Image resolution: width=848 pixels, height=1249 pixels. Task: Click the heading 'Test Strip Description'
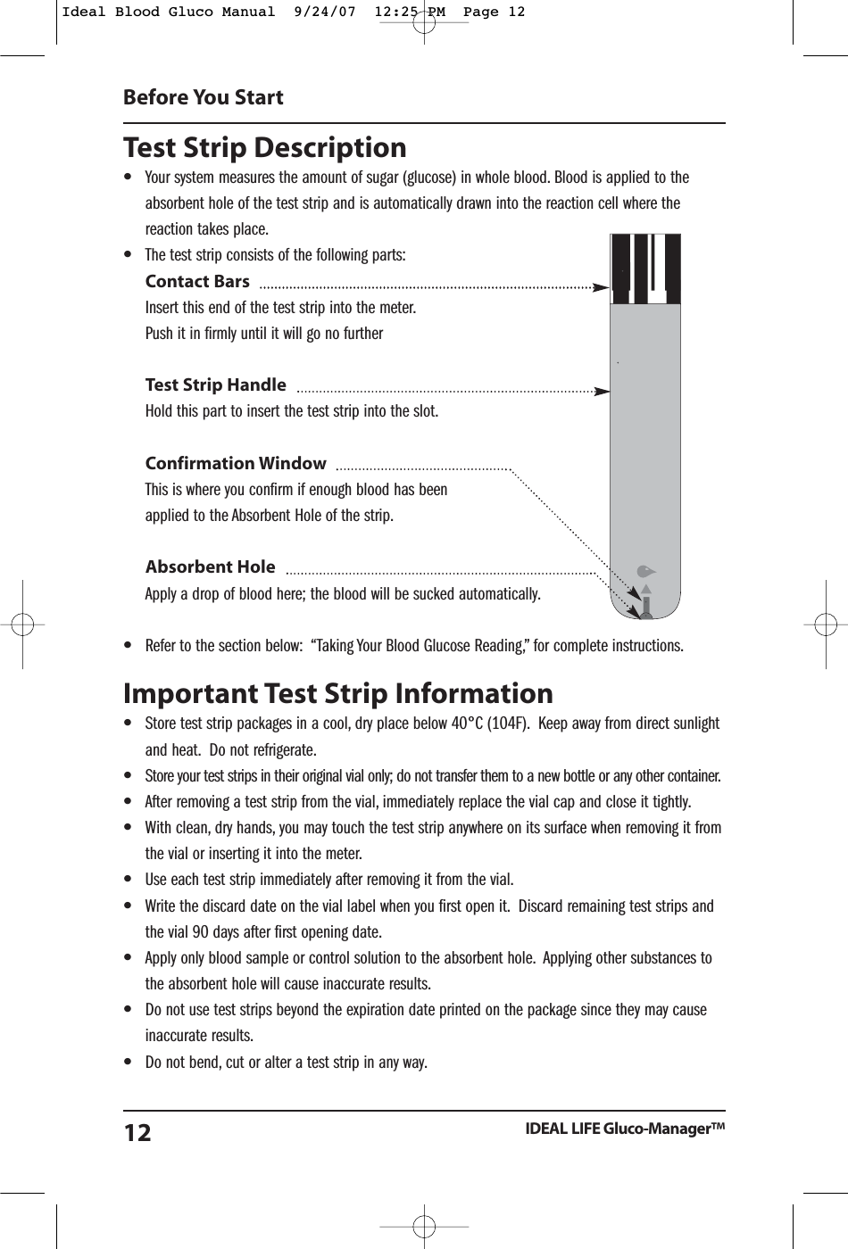click(264, 148)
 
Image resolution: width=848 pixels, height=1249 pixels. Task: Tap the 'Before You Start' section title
click(203, 97)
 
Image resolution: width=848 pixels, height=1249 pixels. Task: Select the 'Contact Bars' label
click(197, 282)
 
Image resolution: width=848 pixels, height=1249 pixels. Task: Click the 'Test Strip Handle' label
click(215, 385)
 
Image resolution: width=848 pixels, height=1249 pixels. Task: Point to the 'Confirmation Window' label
click(236, 463)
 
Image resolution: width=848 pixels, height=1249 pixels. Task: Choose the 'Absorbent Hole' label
click(210, 567)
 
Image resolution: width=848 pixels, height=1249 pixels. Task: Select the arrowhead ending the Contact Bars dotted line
click(601, 287)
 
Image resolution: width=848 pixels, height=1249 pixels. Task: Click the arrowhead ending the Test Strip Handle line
click(602, 391)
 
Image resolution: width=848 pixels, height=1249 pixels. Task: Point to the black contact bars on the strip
click(645, 268)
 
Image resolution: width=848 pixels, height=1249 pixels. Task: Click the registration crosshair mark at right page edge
click(825, 623)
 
